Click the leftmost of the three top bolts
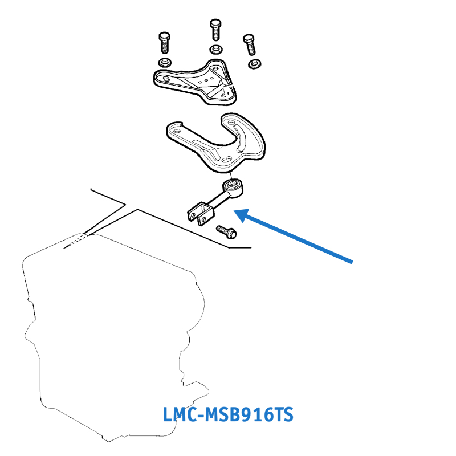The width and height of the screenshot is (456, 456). click(x=163, y=42)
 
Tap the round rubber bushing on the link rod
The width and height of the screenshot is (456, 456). click(x=233, y=185)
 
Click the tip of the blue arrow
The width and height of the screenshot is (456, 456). click(x=237, y=211)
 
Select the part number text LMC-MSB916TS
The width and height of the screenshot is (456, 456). click(x=228, y=414)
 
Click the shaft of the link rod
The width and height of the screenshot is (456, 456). click(x=219, y=199)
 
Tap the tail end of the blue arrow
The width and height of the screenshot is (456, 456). click(x=352, y=262)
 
